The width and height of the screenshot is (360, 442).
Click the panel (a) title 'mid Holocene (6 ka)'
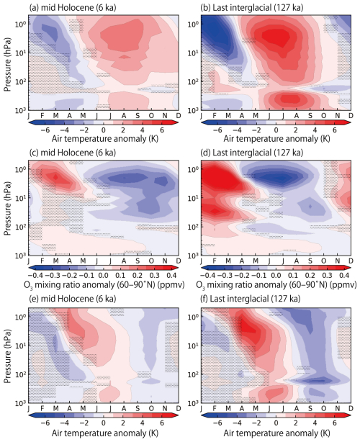pyautogui.click(x=76, y=6)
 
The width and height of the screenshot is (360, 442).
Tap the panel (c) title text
pyautogui.click(x=76, y=153)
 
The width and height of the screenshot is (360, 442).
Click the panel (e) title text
pyautogui.click(x=76, y=301)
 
